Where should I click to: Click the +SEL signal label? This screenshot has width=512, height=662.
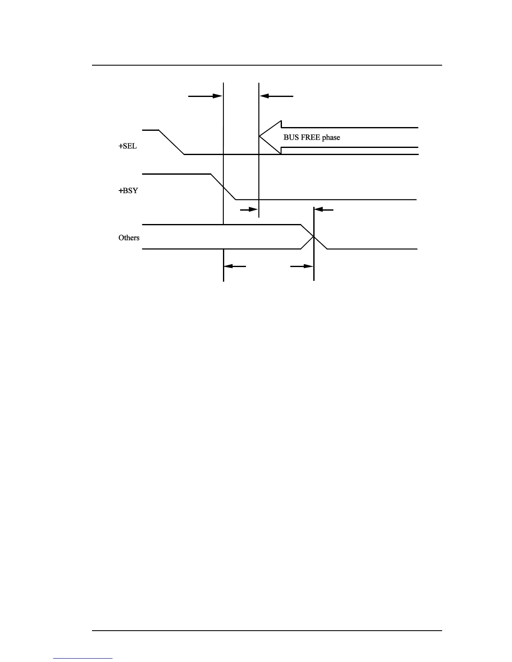(x=128, y=147)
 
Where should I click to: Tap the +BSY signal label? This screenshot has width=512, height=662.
(x=128, y=191)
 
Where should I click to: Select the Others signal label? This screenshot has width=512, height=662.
(x=129, y=238)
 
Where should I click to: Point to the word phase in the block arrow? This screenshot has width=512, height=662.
(x=331, y=137)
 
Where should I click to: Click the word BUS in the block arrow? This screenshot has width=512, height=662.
(x=291, y=137)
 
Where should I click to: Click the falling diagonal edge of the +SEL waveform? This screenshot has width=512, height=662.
(x=172, y=142)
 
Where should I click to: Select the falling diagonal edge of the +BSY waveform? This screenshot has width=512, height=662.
(x=223, y=187)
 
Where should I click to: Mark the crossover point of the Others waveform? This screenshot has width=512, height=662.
(x=314, y=237)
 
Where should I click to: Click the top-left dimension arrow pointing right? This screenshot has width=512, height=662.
(x=205, y=96)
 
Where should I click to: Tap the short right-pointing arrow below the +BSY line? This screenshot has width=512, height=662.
(x=249, y=209)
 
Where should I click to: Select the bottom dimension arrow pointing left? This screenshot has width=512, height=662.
(x=235, y=266)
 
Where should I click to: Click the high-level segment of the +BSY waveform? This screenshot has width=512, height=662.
(x=176, y=173)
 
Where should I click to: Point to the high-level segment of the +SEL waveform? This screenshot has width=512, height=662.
(x=150, y=130)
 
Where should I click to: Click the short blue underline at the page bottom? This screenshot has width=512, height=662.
(x=83, y=658)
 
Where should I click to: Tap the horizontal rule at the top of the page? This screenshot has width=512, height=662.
(x=267, y=65)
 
